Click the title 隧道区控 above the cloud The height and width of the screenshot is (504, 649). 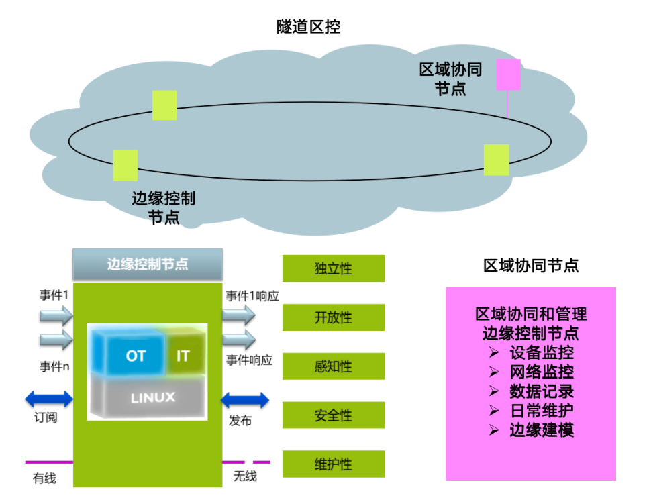coord(309,28)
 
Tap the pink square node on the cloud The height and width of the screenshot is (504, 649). coord(508,74)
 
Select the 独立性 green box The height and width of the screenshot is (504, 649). coord(334,268)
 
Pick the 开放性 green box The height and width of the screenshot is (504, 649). coord(334,317)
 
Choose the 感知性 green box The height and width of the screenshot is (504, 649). coord(334,366)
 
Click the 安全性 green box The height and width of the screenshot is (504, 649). coord(334,415)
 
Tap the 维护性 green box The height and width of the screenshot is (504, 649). coord(334,464)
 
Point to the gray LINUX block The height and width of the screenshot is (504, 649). coord(152,397)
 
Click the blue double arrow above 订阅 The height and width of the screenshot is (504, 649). coord(49,400)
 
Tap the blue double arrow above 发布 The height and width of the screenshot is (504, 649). coord(245,401)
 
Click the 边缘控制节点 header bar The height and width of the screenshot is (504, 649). coord(148,264)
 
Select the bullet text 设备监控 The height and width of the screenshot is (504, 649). coord(541,352)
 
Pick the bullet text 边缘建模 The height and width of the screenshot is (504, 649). coord(541,430)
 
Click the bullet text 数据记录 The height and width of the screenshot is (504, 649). coord(541,391)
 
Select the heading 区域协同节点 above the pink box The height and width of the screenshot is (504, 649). coord(531,266)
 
